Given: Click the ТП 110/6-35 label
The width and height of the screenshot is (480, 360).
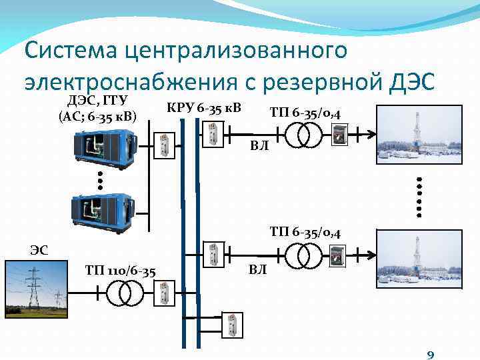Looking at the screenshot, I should pyautogui.click(x=121, y=270).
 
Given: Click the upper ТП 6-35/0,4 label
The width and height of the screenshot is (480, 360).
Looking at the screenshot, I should pyautogui.click(x=305, y=114).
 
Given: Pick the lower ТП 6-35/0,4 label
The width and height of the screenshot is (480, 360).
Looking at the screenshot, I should pyautogui.click(x=306, y=233).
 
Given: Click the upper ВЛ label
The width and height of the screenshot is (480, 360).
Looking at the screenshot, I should pyautogui.click(x=259, y=146).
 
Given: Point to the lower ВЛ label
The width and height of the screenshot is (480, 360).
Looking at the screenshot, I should pyautogui.click(x=258, y=270).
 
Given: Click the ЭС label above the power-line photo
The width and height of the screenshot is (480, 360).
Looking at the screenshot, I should pyautogui.click(x=39, y=250).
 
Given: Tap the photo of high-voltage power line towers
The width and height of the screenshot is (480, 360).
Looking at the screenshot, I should pyautogui.click(x=37, y=287).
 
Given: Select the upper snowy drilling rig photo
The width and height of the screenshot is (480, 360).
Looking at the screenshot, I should pyautogui.click(x=419, y=134).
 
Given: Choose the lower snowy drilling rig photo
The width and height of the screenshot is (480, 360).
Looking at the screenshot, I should pyautogui.click(x=419, y=257).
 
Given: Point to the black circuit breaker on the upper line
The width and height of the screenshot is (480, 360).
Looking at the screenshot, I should pyautogui.click(x=339, y=135).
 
